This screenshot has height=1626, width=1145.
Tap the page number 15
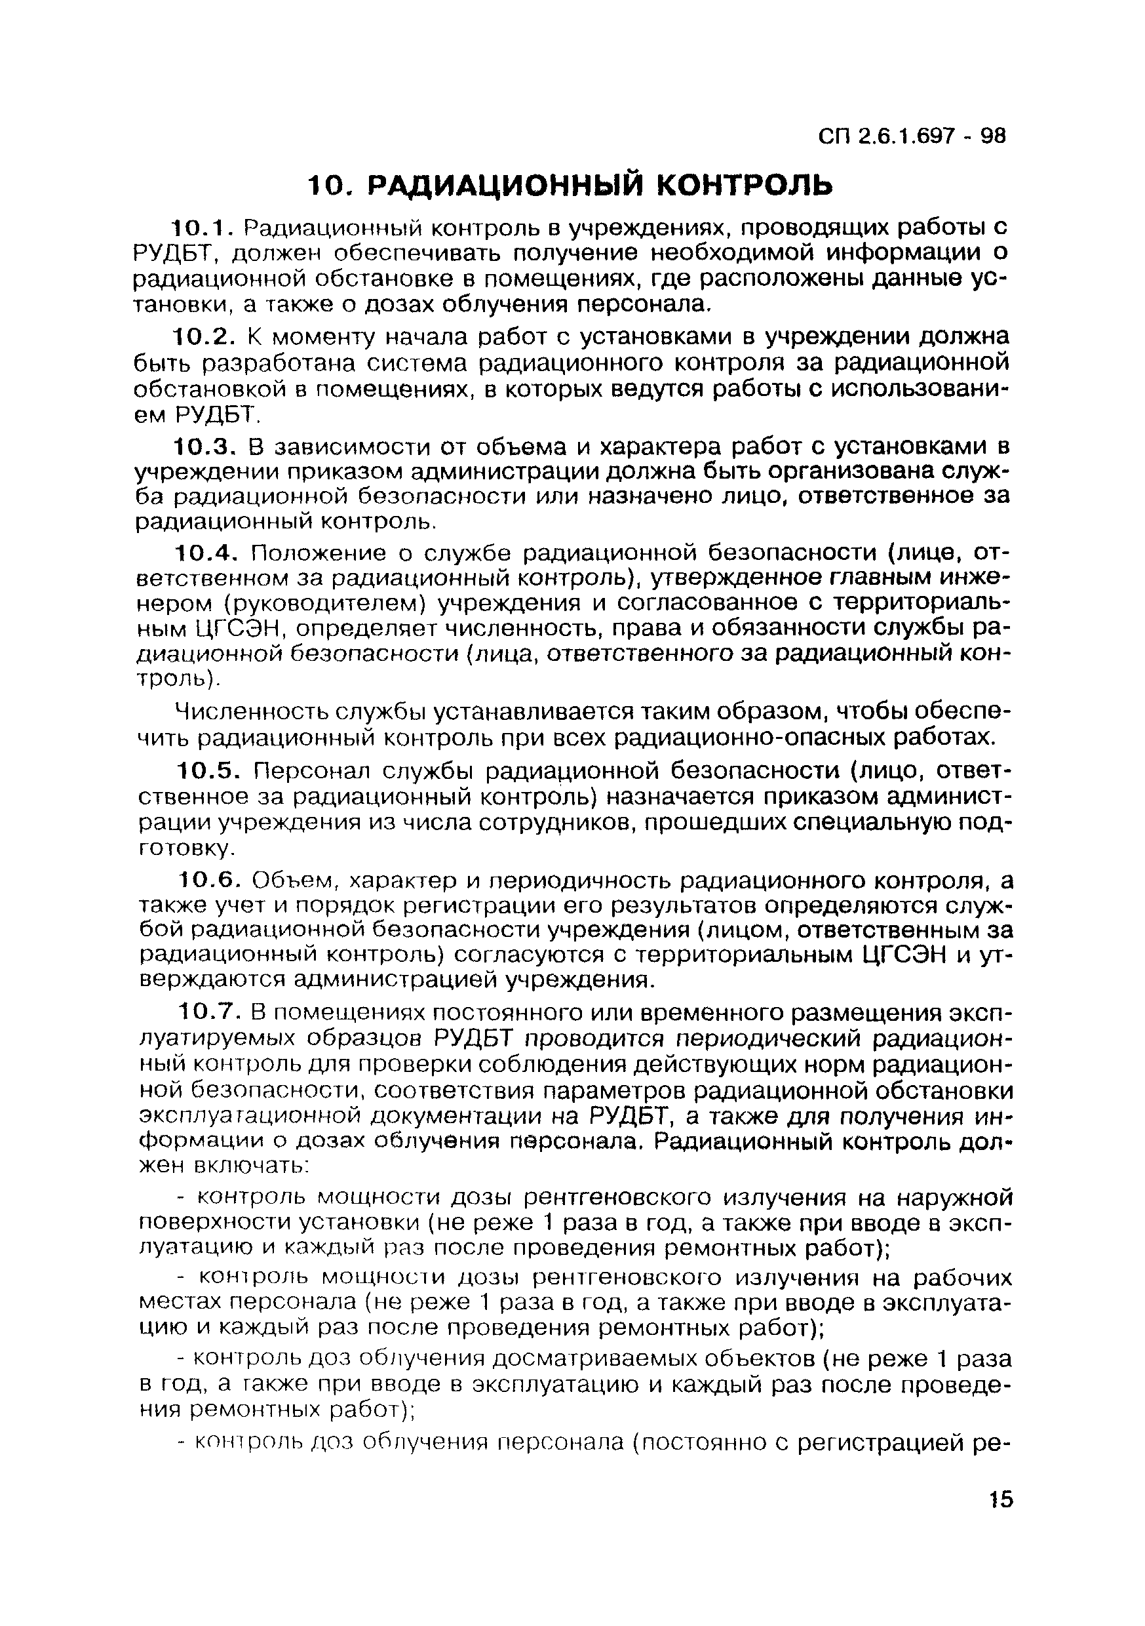pyautogui.click(x=1000, y=1500)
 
